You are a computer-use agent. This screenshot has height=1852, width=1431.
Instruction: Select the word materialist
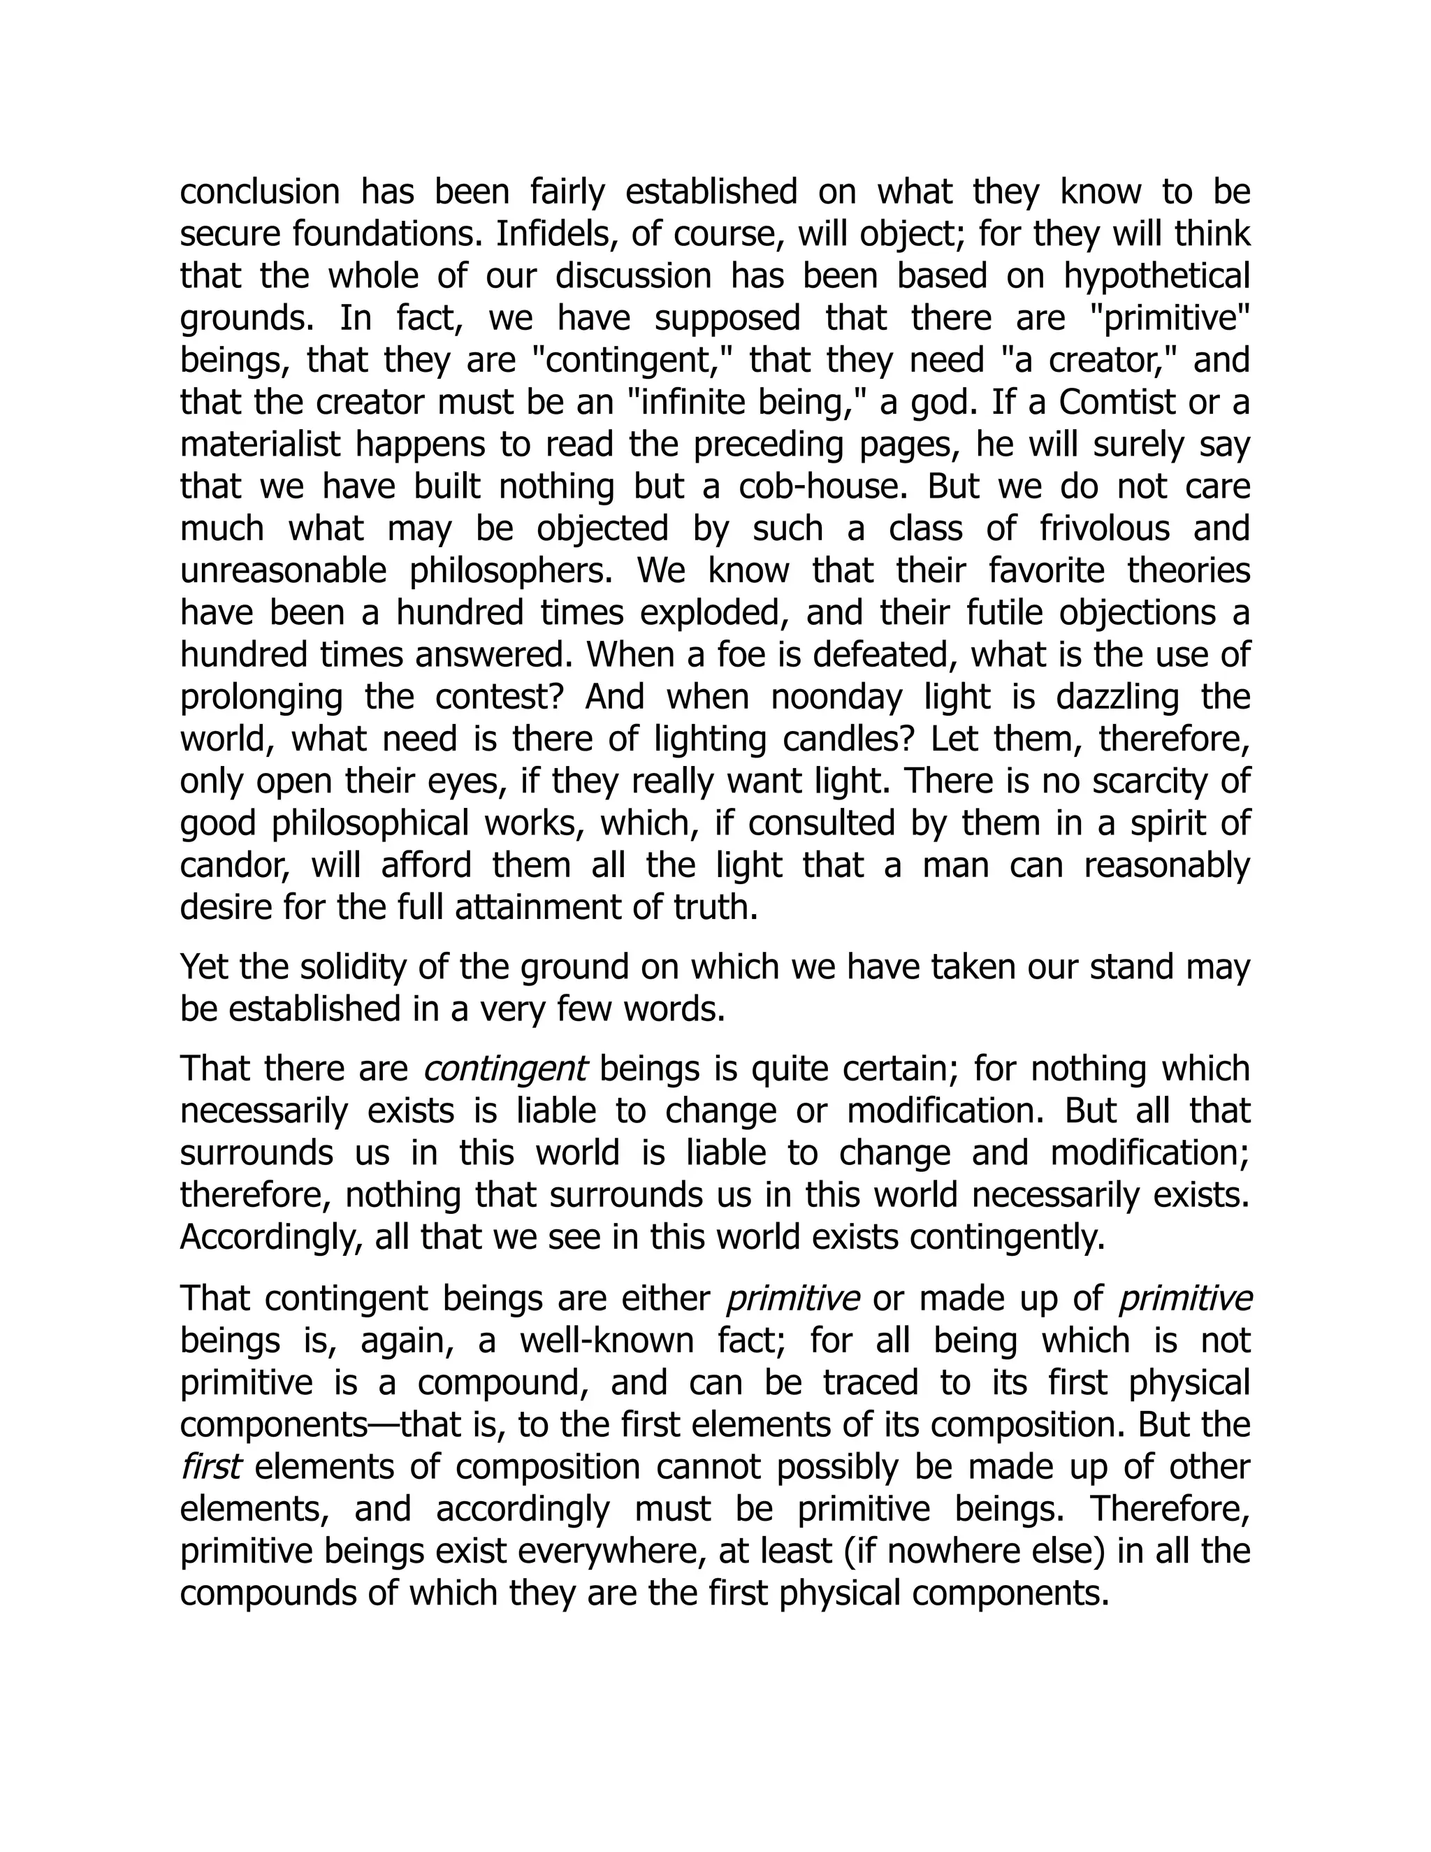260,444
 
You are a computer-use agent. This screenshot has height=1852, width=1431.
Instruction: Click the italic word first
211,1467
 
